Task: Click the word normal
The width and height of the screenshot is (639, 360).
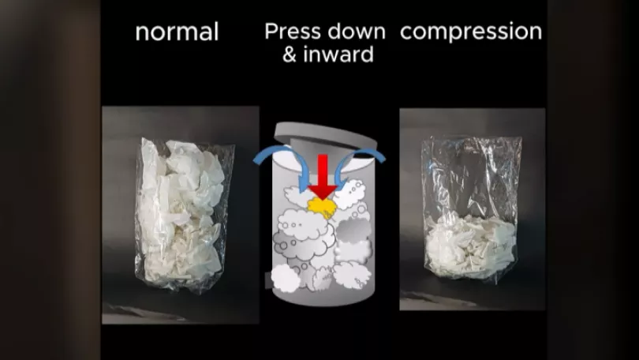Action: pyautogui.click(x=177, y=32)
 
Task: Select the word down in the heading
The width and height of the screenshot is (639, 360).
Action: pyautogui.click(x=356, y=32)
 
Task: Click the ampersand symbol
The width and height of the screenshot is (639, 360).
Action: pyautogui.click(x=290, y=55)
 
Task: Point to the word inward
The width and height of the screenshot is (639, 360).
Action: pyautogui.click(x=338, y=54)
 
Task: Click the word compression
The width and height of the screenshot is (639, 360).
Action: pyautogui.click(x=471, y=32)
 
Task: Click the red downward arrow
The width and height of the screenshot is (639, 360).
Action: pyautogui.click(x=323, y=177)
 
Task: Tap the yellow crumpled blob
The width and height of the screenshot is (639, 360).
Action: pyautogui.click(x=323, y=208)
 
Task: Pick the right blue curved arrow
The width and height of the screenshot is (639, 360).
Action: pyautogui.click(x=360, y=158)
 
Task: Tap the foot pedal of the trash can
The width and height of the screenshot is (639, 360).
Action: pyautogui.click(x=269, y=280)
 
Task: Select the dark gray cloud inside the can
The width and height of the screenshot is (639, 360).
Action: pyautogui.click(x=353, y=230)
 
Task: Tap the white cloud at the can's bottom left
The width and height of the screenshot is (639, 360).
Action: pyautogui.click(x=286, y=278)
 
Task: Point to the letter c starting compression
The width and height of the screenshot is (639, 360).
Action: pyautogui.click(x=407, y=32)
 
